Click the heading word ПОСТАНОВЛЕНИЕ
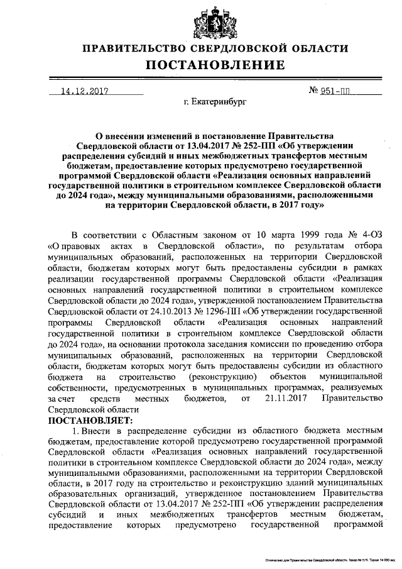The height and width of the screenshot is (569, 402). [215, 65]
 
